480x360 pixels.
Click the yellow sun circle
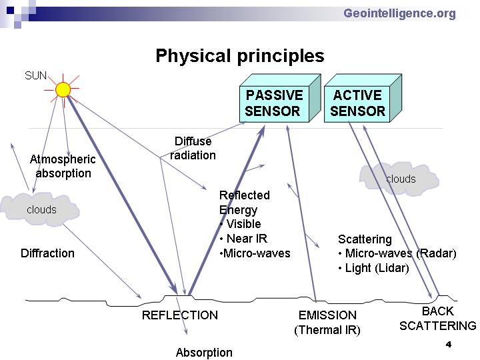pyautogui.click(x=63, y=90)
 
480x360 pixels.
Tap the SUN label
pyautogui.click(x=35, y=75)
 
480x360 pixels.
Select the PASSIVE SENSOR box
pyautogui.click(x=280, y=98)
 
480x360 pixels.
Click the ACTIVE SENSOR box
pyautogui.click(x=363, y=98)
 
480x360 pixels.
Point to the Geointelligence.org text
pyautogui.click(x=399, y=13)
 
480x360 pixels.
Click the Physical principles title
pyautogui.click(x=240, y=56)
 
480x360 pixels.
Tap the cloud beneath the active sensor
pyautogui.click(x=399, y=179)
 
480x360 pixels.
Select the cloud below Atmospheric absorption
pyautogui.click(x=41, y=209)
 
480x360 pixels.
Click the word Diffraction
pyautogui.click(x=47, y=253)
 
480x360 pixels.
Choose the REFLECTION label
pyautogui.click(x=180, y=315)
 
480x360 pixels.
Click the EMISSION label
pyautogui.click(x=327, y=315)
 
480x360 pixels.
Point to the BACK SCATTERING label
pyautogui.click(x=438, y=319)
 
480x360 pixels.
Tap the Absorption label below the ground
pyautogui.click(x=204, y=353)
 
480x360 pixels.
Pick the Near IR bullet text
pyautogui.click(x=244, y=239)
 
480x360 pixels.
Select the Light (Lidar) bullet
pyautogui.click(x=374, y=268)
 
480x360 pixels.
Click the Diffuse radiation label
pyautogui.click(x=193, y=148)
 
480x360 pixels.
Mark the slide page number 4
pyautogui.click(x=449, y=345)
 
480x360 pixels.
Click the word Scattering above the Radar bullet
pyautogui.click(x=365, y=239)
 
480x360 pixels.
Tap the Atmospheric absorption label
pyautogui.click(x=63, y=166)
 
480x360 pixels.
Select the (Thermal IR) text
pyautogui.click(x=327, y=330)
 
